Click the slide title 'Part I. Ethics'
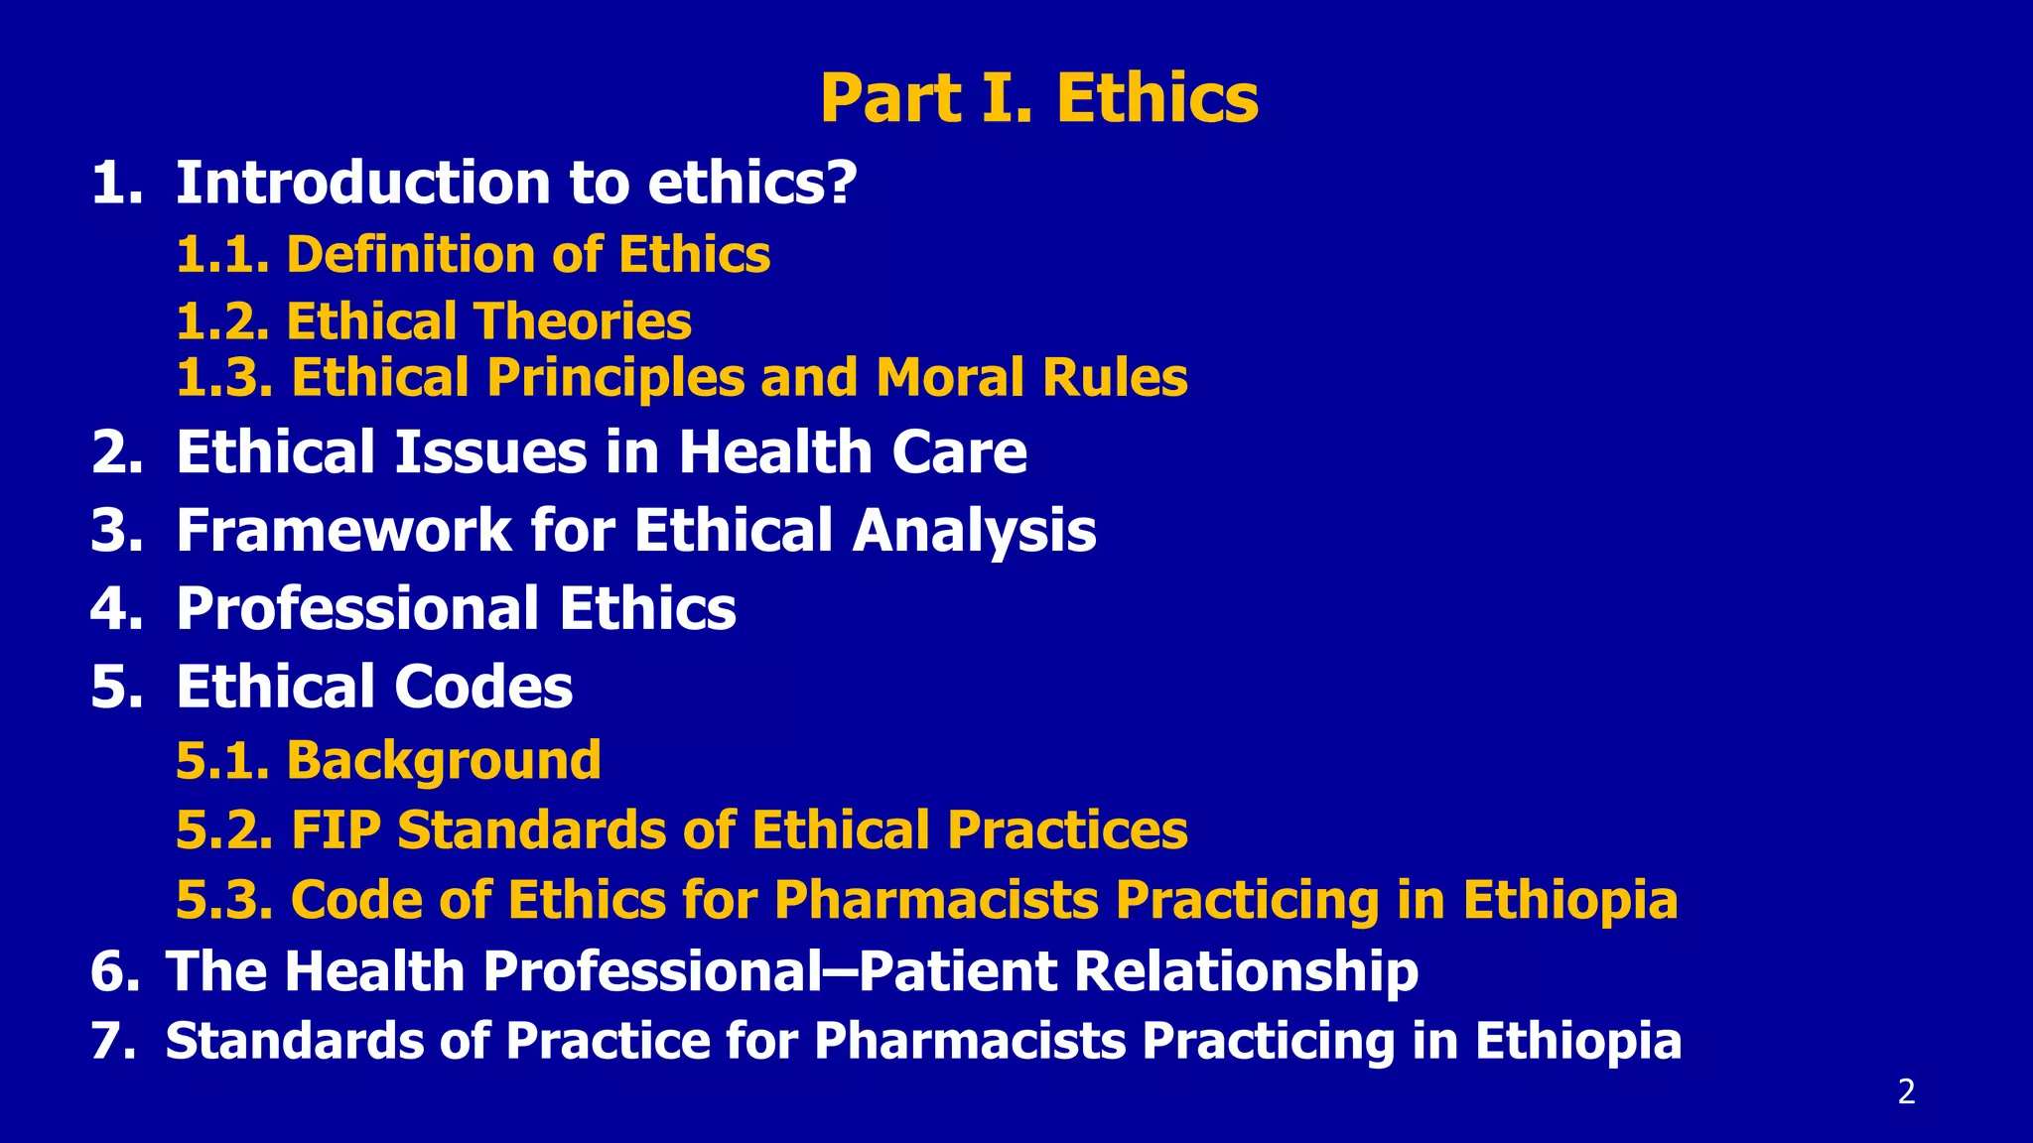[x=1038, y=98]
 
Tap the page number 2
[x=1906, y=1092]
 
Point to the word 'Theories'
[x=583, y=321]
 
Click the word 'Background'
[x=444, y=761]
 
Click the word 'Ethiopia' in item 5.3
[x=1569, y=900]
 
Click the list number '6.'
[x=115, y=971]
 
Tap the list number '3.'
[x=117, y=530]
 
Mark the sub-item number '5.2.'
[x=223, y=829]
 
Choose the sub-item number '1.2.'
[x=222, y=321]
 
